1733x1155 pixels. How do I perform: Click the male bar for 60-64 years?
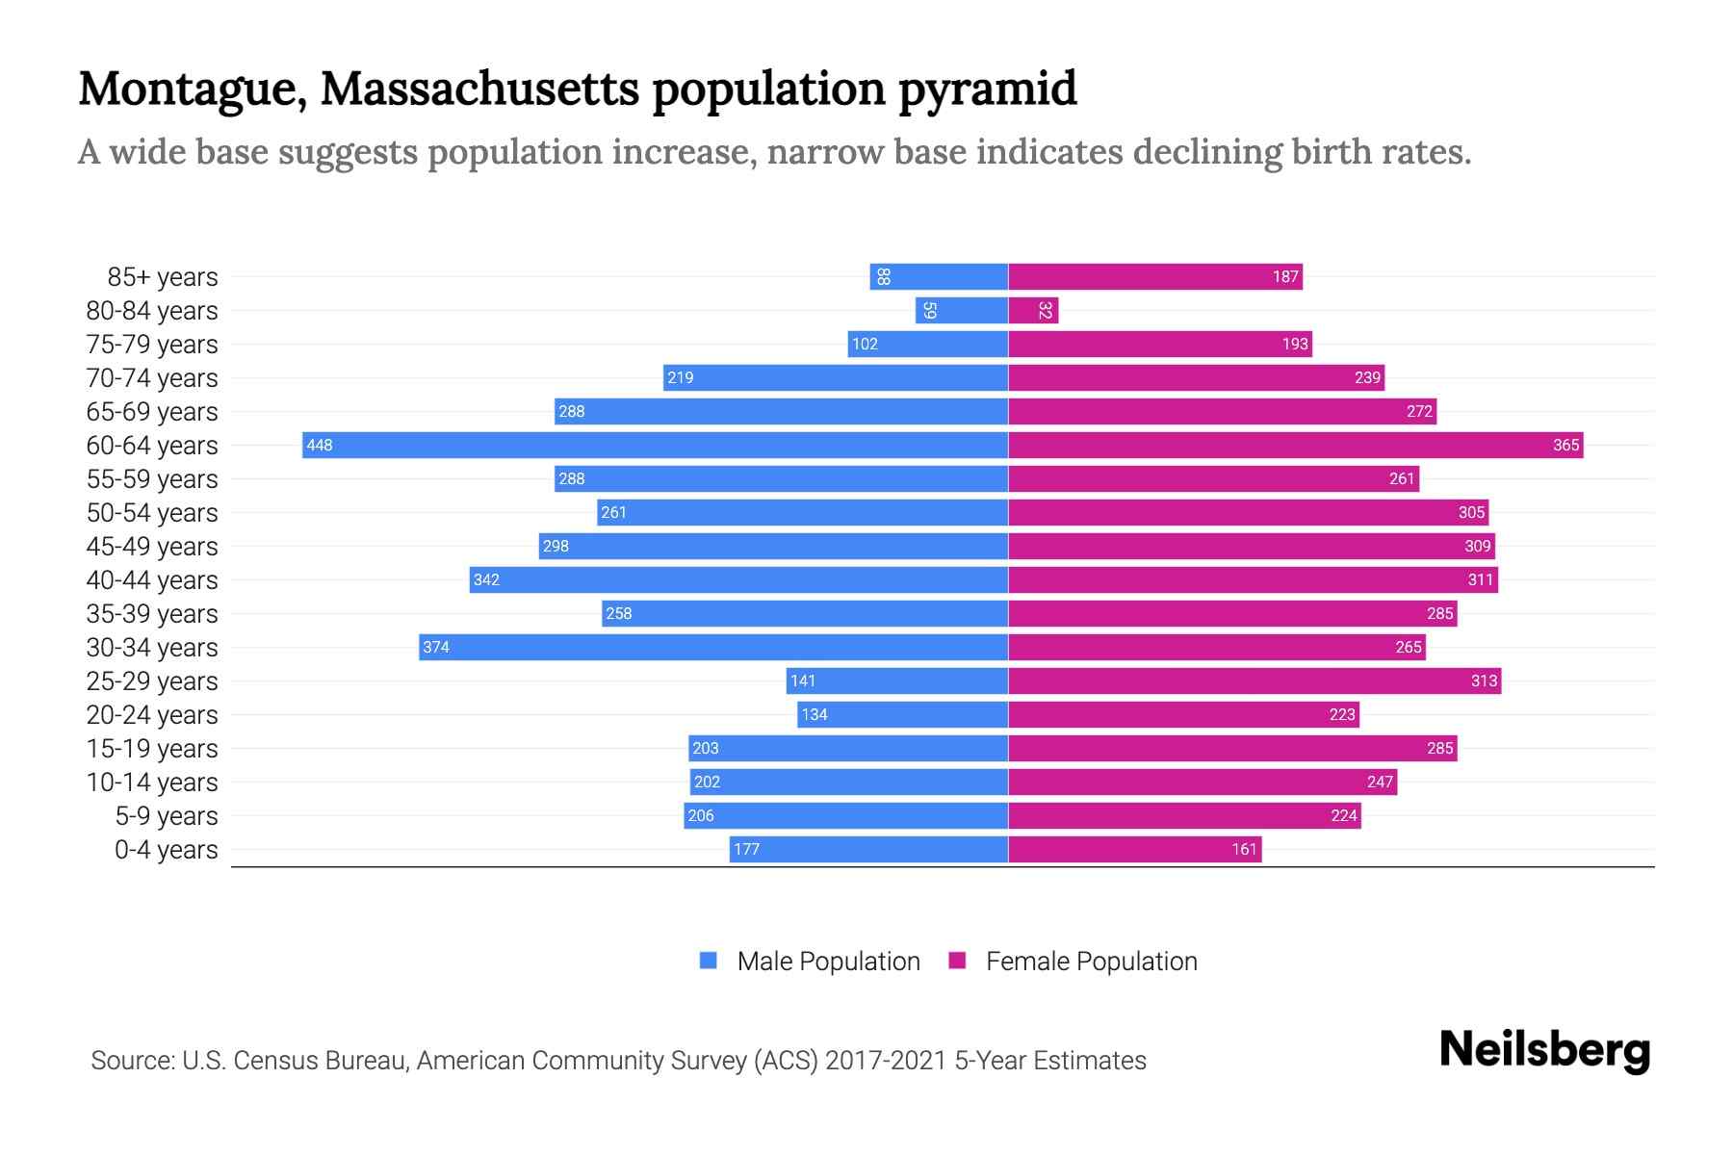pyautogui.click(x=655, y=445)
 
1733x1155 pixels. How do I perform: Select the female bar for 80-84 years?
pyautogui.click(x=1032, y=310)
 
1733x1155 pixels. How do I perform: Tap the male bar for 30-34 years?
pyautogui.click(x=712, y=647)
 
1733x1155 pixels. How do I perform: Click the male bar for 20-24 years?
pyautogui.click(x=902, y=714)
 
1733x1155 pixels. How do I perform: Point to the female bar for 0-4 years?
pyautogui.click(x=1134, y=849)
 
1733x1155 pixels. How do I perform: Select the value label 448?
pyautogui.click(x=319, y=445)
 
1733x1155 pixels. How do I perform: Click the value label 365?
pyautogui.click(x=1565, y=445)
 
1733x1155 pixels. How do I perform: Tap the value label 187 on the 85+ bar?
pyautogui.click(x=1285, y=276)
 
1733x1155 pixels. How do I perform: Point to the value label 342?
pyautogui.click(x=486, y=579)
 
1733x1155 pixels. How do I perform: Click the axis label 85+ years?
pyautogui.click(x=163, y=277)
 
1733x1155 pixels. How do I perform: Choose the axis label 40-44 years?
pyautogui.click(x=152, y=580)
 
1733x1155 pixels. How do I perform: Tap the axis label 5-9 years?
pyautogui.click(x=167, y=816)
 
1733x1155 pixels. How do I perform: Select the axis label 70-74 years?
pyautogui.click(x=152, y=378)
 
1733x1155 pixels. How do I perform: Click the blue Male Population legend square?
pyautogui.click(x=709, y=961)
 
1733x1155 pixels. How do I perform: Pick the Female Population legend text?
pyautogui.click(x=1091, y=961)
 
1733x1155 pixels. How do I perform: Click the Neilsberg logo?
pyautogui.click(x=1544, y=1050)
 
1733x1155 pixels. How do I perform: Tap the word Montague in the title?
pyautogui.click(x=192, y=89)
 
